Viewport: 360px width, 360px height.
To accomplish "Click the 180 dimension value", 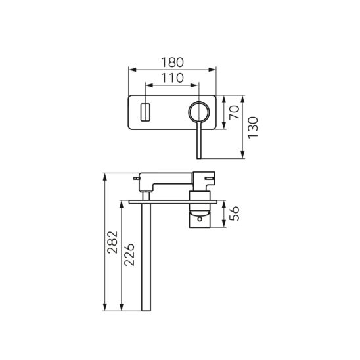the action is [x=172, y=62].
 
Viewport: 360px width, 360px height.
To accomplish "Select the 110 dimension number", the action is [x=172, y=78].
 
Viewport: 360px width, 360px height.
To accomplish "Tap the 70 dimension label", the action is [x=235, y=112].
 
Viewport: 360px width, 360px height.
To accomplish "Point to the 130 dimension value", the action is [x=253, y=127].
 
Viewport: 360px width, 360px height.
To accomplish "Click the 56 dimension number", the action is [x=235, y=214].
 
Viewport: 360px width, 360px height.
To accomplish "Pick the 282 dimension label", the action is [x=113, y=242].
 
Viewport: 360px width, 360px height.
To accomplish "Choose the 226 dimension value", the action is [x=129, y=255].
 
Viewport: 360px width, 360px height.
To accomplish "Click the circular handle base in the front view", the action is [x=199, y=102].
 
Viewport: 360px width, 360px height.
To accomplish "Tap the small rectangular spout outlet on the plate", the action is [x=145, y=112].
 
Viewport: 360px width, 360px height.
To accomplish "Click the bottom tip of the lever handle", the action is [x=199, y=158].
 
